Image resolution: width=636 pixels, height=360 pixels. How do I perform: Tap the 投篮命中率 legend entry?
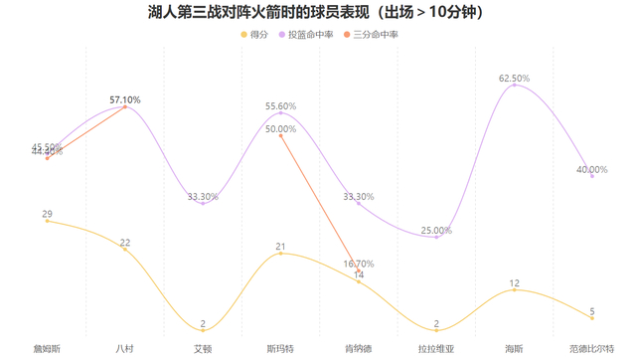pyautogui.click(x=310, y=35)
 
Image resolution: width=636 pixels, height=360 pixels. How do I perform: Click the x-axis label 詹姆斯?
pyautogui.click(x=47, y=349)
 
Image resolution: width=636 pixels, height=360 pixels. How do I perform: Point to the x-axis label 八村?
pyautogui.click(x=125, y=349)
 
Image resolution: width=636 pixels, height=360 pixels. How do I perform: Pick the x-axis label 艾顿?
pyautogui.click(x=203, y=349)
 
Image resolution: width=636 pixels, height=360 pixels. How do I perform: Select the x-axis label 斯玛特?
pyautogui.click(x=280, y=349)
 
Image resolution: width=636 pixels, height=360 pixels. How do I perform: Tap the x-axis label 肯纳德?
pyautogui.click(x=359, y=349)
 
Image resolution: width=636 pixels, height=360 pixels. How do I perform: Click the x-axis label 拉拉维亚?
pyautogui.click(x=436, y=349)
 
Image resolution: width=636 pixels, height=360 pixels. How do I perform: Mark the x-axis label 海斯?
pyautogui.click(x=514, y=349)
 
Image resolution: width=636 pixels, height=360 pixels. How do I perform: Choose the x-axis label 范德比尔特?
pyautogui.click(x=592, y=349)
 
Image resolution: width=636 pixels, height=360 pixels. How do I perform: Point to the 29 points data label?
pyautogui.click(x=47, y=214)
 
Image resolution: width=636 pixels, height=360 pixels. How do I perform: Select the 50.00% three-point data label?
pyautogui.click(x=281, y=128)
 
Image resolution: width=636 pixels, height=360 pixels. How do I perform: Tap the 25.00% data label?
pyautogui.click(x=436, y=231)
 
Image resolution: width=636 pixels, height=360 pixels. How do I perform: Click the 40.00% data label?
pyautogui.click(x=592, y=169)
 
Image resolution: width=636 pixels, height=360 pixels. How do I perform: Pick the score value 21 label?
pyautogui.click(x=281, y=247)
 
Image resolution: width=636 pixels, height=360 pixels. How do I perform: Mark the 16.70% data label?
pyautogui.click(x=359, y=265)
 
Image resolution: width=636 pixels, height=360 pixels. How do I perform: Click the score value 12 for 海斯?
pyautogui.click(x=514, y=283)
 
